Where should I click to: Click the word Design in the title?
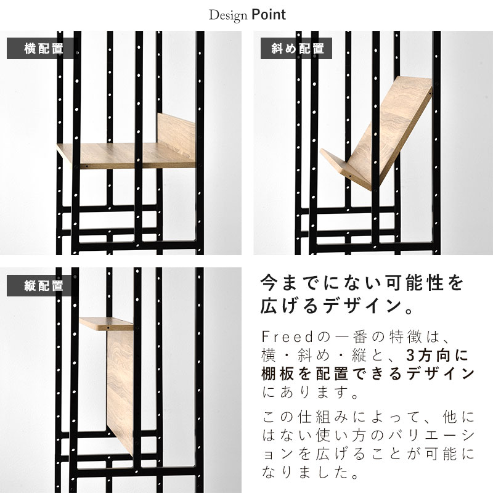point(228,15)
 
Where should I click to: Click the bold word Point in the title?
point(269,15)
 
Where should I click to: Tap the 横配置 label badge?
point(43,49)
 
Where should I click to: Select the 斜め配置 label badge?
point(296,49)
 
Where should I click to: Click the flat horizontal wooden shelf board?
point(126,155)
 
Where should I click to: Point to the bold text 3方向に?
point(437,356)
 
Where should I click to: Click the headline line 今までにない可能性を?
point(362,283)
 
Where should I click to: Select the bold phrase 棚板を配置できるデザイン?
point(368,373)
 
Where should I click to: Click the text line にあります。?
point(310,392)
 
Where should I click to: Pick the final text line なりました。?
point(310,472)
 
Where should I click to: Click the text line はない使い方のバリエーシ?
point(368,435)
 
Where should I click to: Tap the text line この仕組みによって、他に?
point(368,417)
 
